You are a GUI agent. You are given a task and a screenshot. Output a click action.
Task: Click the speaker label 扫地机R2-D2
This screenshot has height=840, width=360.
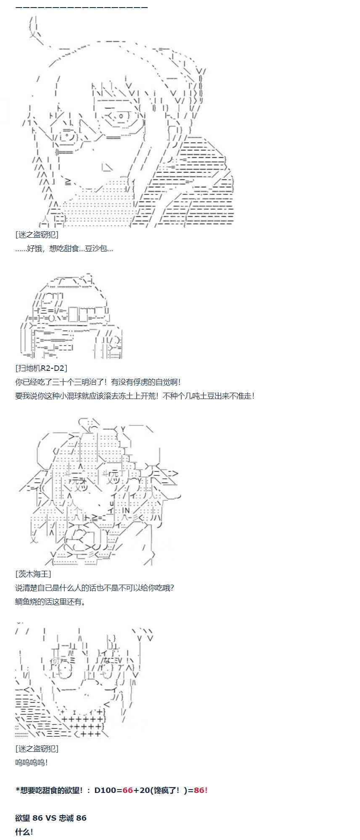pyautogui.click(x=41, y=368)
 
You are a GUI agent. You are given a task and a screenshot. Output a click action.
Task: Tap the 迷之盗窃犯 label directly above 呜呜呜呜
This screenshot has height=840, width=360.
pyautogui.click(x=37, y=748)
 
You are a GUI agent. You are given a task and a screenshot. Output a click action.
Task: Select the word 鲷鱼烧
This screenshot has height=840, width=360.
pyautogui.click(x=26, y=601)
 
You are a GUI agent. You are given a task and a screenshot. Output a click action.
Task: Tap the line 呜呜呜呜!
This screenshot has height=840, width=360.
pyautogui.click(x=32, y=762)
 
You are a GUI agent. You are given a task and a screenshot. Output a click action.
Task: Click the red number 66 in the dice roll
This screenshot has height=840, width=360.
pyautogui.click(x=128, y=790)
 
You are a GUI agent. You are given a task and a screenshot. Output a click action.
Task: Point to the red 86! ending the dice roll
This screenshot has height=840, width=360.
pyautogui.click(x=200, y=790)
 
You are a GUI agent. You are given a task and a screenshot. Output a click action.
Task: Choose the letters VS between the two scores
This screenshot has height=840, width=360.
pyautogui.click(x=51, y=818)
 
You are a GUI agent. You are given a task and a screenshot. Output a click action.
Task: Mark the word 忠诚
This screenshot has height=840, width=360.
pyautogui.click(x=66, y=818)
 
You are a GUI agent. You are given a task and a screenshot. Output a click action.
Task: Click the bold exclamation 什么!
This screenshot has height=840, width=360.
pyautogui.click(x=24, y=832)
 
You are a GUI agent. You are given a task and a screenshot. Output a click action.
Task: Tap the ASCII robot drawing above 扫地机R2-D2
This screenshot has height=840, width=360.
pyautogui.click(x=71, y=317)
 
